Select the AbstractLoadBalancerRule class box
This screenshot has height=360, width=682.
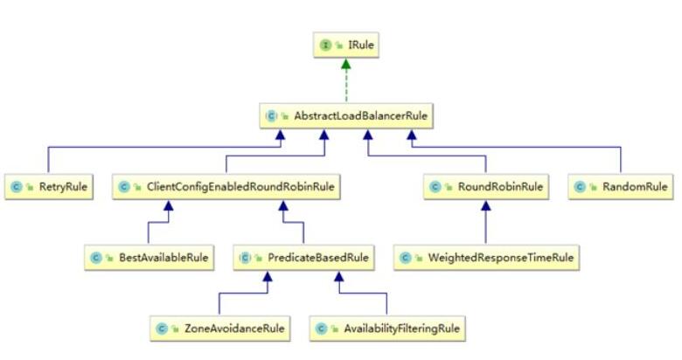click(x=347, y=115)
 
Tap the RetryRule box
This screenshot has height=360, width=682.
click(x=48, y=186)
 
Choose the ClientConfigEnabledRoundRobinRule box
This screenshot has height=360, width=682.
click(x=226, y=186)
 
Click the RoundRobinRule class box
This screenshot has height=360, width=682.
click(x=486, y=186)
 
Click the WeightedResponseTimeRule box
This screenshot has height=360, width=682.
click(x=486, y=258)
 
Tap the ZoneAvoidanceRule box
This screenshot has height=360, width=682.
click(x=219, y=329)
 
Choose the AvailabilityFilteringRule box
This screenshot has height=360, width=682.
click(x=386, y=329)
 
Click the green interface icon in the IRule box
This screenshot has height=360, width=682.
click(x=326, y=45)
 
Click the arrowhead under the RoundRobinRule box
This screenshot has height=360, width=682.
click(x=486, y=205)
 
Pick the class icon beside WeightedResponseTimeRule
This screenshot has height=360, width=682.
click(x=407, y=258)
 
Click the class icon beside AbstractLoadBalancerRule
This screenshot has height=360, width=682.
click(x=272, y=115)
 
